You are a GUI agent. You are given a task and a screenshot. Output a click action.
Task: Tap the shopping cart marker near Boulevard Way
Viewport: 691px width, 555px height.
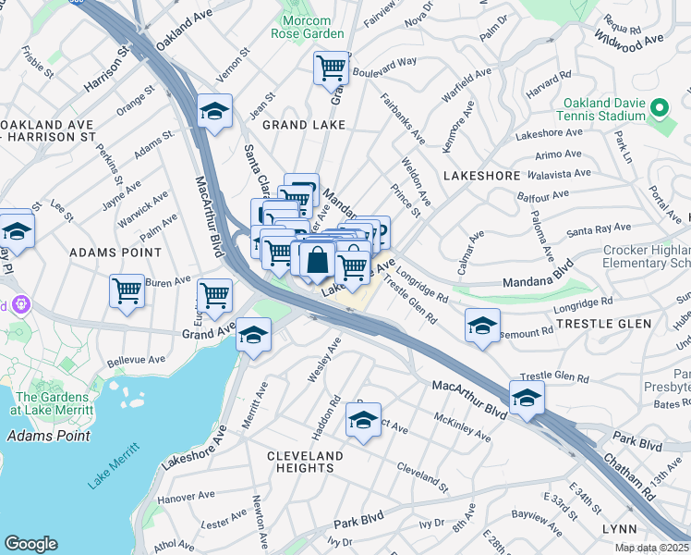click(331, 68)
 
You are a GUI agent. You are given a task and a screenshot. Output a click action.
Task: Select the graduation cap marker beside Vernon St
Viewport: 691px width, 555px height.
click(214, 112)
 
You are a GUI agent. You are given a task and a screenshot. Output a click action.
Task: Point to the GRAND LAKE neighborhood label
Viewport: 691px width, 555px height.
click(298, 124)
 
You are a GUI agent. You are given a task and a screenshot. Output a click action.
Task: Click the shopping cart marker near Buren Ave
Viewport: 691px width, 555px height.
click(127, 290)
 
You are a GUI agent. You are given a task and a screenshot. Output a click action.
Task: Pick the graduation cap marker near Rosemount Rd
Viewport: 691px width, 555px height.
click(482, 326)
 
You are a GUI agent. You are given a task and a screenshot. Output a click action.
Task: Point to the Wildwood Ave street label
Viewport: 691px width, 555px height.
click(630, 40)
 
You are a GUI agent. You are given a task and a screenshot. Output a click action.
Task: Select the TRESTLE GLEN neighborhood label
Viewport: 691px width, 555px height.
click(603, 324)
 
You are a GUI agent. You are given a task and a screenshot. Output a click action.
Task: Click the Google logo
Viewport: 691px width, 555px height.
click(30, 544)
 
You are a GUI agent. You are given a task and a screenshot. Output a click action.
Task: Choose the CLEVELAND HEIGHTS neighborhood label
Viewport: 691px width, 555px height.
click(305, 462)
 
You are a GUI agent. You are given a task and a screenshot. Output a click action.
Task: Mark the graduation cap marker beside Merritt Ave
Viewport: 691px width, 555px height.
click(253, 336)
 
